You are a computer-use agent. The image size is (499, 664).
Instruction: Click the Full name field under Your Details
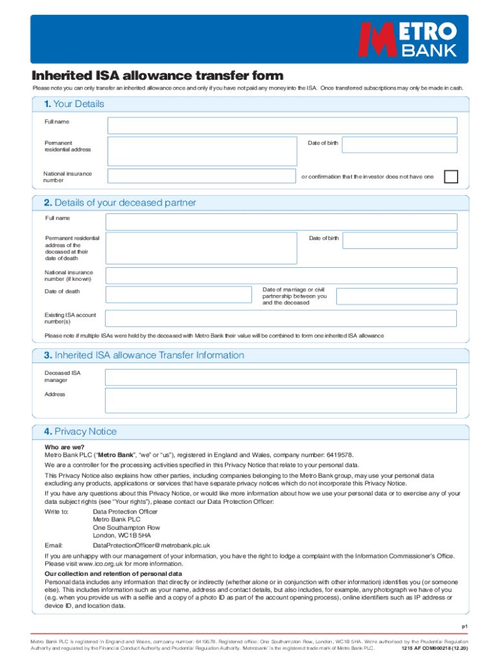tap(282, 126)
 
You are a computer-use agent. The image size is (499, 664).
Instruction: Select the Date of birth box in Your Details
tap(399, 145)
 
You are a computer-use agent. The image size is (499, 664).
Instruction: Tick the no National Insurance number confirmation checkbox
tap(450, 176)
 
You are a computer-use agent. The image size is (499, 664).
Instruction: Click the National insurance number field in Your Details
tap(202, 176)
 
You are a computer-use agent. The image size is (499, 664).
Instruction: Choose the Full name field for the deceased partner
tap(281, 222)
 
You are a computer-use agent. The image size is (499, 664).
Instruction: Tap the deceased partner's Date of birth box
tap(399, 241)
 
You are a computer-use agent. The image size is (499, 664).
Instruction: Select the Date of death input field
tap(178, 295)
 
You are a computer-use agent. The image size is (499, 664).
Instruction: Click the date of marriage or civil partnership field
tap(396, 296)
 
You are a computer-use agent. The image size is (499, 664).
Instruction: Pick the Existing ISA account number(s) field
tap(281, 318)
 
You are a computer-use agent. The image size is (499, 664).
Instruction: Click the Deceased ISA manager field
tap(281, 377)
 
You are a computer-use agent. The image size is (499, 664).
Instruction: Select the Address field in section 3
tap(281, 400)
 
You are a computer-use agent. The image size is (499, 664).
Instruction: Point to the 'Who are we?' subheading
tap(63, 447)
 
